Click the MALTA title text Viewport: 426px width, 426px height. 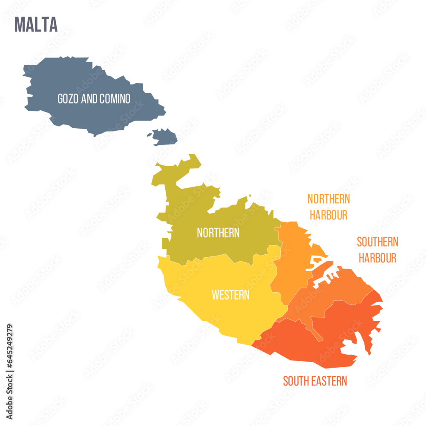tap(36, 25)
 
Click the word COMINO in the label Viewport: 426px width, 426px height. tap(115, 99)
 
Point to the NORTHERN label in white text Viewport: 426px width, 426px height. tap(218, 233)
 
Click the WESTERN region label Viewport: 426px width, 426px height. tap(230, 295)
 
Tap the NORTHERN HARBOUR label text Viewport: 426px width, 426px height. tap(328, 207)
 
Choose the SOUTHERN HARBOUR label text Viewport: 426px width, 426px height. tap(377, 250)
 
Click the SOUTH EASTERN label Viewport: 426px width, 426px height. tap(315, 381)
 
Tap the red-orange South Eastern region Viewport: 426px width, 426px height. tap(307, 345)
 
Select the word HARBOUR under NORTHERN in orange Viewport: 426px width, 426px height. tap(328, 215)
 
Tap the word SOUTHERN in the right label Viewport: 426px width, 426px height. tap(377, 242)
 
